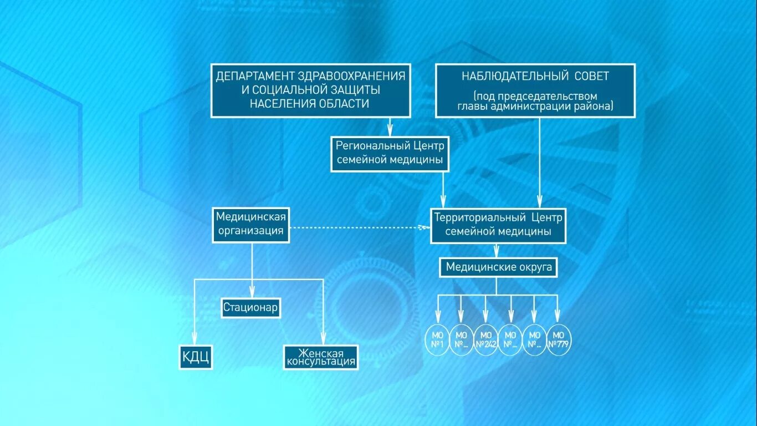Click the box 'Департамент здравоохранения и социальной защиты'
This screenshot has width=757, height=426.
(x=310, y=90)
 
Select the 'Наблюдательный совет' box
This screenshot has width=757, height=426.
(x=535, y=90)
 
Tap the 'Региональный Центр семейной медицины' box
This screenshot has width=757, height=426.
(x=390, y=154)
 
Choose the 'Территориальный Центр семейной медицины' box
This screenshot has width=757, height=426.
(x=498, y=225)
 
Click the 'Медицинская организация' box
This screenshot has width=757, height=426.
(x=251, y=224)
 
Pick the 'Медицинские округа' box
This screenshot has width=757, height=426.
(x=499, y=267)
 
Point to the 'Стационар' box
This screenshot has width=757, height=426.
(x=250, y=308)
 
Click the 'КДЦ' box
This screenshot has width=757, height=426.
(x=196, y=357)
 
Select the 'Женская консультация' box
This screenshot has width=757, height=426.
(x=321, y=357)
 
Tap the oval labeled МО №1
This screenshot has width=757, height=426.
(x=436, y=339)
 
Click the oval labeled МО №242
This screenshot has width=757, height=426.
(x=485, y=339)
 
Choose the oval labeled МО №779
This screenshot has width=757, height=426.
(x=559, y=339)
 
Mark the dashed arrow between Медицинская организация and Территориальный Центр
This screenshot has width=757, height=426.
(x=360, y=227)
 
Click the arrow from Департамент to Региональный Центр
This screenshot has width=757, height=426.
(x=390, y=127)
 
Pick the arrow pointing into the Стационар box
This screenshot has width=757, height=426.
(x=252, y=283)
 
